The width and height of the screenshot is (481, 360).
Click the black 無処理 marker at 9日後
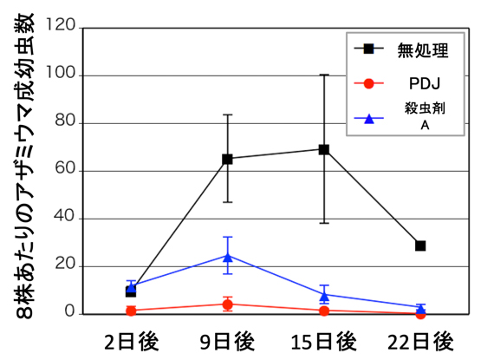click(x=227, y=159)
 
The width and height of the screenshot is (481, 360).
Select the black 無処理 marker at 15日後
click(x=324, y=149)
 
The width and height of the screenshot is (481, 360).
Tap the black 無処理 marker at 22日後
click(x=420, y=245)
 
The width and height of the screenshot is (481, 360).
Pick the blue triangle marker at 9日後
click(x=228, y=257)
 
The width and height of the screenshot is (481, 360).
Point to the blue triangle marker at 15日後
click(x=324, y=295)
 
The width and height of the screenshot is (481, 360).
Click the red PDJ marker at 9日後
click(x=227, y=304)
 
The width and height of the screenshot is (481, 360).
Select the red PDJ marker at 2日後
click(x=131, y=311)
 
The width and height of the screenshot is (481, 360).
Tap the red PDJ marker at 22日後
click(x=420, y=314)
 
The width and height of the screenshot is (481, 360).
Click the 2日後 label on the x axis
click(x=131, y=339)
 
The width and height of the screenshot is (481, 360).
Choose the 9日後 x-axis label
click(x=227, y=339)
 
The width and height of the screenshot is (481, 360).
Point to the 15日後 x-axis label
click(x=324, y=339)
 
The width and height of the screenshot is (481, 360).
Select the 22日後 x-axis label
click(x=420, y=339)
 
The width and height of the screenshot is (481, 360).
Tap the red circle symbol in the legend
click(x=369, y=84)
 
